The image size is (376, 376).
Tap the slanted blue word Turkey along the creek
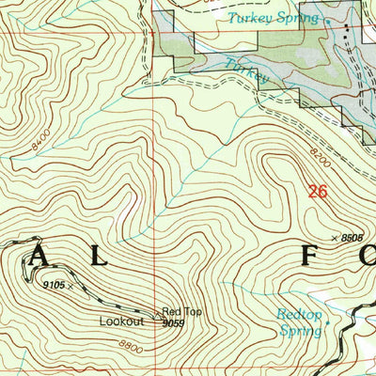pos(246,72)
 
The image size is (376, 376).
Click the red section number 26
pos(319,192)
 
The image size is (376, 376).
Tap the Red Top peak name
pos(179,311)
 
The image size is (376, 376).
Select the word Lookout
pos(122,321)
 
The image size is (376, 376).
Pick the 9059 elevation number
pos(172,322)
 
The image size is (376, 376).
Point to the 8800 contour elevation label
pos(132,349)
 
